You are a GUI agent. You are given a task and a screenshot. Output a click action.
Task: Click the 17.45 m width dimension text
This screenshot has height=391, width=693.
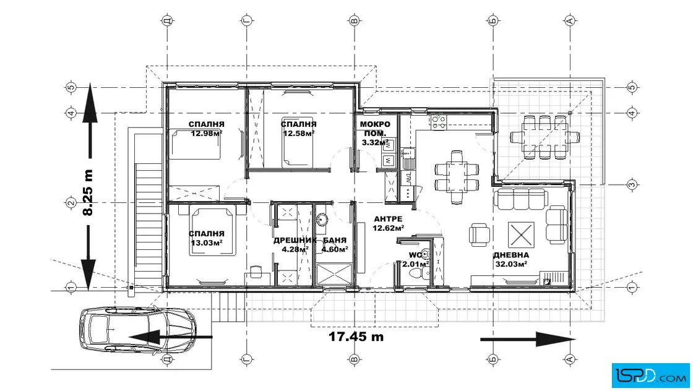click(x=356, y=337)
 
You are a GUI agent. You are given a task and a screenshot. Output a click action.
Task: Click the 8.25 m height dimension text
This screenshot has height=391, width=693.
click(x=88, y=192)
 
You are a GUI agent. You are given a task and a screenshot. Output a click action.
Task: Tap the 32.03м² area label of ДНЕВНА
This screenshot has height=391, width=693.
click(x=510, y=264)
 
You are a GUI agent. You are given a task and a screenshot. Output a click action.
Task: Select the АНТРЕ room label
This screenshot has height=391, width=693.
click(x=388, y=218)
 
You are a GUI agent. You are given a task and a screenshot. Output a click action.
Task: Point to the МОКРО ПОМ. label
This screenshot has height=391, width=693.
click(x=375, y=129)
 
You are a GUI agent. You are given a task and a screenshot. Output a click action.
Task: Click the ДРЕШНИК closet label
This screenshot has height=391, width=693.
click(x=295, y=240)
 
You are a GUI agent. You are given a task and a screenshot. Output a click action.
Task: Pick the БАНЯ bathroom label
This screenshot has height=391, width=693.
click(x=335, y=240)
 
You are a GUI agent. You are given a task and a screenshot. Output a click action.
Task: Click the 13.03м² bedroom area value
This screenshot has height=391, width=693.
click(x=207, y=243)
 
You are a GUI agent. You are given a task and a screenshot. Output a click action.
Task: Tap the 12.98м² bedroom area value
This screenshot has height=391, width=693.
click(x=207, y=134)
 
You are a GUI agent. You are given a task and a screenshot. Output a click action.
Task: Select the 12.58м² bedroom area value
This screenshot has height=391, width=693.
click(x=299, y=134)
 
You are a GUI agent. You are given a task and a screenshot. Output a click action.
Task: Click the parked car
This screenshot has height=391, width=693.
click(x=137, y=330)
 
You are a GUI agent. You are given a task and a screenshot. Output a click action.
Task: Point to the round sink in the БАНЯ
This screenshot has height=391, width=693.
click(x=322, y=220)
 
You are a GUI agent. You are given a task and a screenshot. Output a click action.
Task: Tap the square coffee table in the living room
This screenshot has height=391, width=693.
click(x=521, y=234)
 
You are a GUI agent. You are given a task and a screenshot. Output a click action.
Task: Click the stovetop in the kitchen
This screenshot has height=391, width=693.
click(x=439, y=122)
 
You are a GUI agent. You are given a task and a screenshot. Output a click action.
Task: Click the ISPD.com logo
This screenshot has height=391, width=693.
click(x=650, y=376)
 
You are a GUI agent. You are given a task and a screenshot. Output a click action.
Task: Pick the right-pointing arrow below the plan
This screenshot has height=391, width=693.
click(x=528, y=339)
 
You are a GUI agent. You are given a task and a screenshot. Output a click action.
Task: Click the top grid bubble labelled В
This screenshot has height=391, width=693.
click(x=354, y=21)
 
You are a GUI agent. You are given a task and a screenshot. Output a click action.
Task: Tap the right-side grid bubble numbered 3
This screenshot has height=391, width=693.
click(x=632, y=185)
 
